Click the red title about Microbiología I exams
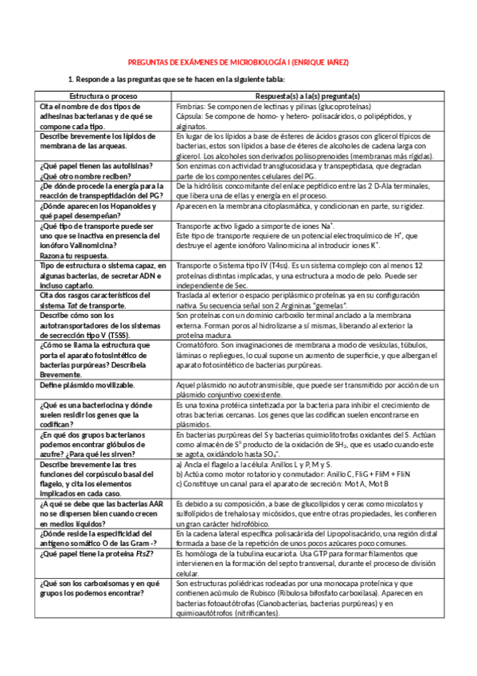point(239,61)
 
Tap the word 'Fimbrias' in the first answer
point(190,105)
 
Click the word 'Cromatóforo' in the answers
point(197,346)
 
